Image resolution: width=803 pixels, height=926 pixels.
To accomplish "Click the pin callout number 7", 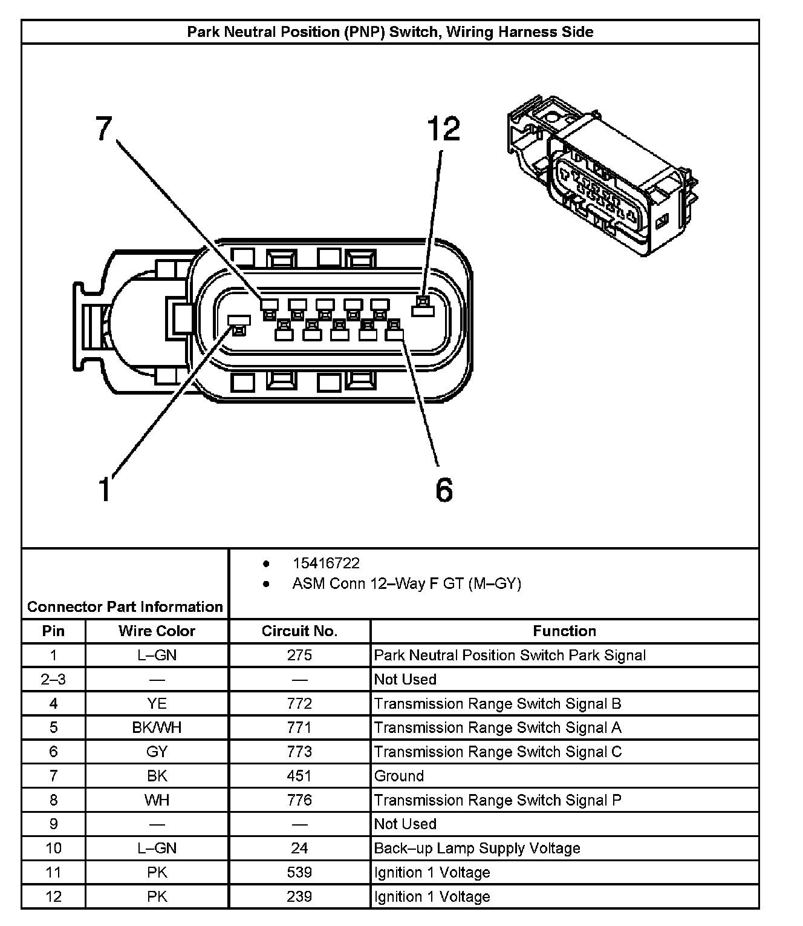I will (105, 129).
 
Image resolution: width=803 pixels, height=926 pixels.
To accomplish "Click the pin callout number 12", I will (443, 130).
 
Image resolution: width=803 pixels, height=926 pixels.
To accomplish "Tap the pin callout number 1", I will (105, 489).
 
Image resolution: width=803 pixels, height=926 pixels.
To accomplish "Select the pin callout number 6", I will (444, 490).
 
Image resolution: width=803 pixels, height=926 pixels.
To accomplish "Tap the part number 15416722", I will (326, 563).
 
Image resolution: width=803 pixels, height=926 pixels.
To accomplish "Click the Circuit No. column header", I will (299, 631).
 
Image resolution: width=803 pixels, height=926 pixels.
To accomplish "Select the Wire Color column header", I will (157, 631).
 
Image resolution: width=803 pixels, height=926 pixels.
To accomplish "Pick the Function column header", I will (564, 631).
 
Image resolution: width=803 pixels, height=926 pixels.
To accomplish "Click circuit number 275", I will (299, 655).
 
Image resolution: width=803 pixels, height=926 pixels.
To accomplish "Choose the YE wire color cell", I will (157, 704).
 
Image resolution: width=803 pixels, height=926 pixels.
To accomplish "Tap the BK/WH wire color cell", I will (157, 727).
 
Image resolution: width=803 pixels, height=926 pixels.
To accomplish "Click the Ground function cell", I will (399, 776).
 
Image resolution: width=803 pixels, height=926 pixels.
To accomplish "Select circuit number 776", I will (299, 800).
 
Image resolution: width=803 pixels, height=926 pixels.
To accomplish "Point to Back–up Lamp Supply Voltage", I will (477, 849).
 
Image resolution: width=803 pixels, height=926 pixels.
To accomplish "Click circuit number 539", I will (299, 873).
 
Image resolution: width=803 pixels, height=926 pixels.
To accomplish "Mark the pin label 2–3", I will (53, 680).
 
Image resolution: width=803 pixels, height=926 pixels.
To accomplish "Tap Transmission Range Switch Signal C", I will (498, 752).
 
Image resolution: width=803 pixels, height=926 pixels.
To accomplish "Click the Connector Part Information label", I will (125, 606).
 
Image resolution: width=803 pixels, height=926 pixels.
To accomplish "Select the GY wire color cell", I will (157, 752).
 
